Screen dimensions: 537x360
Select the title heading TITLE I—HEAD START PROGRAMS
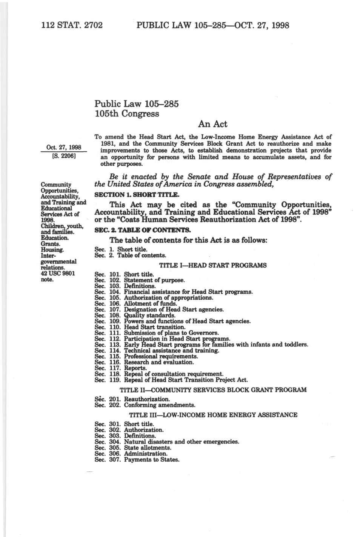coord(213,265)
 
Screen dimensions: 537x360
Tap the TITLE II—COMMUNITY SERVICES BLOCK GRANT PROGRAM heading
coord(213,390)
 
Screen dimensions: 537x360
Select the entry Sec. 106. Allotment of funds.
coord(136,304)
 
